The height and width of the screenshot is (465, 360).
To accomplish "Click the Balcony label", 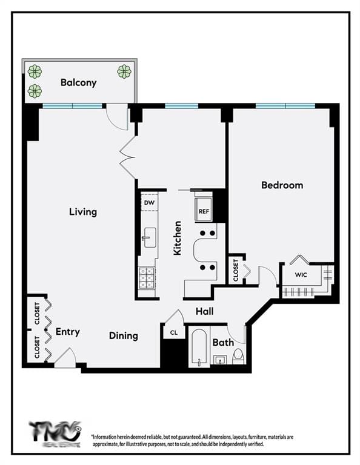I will [x=78, y=82].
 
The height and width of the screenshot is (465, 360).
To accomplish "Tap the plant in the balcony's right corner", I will [x=124, y=71].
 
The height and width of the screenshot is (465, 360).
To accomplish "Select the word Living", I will [x=82, y=212].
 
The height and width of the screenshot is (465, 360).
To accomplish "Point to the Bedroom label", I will [x=282, y=185].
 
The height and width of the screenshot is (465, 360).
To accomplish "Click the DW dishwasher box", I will [x=148, y=202].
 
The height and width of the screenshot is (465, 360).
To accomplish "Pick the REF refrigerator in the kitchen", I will [x=203, y=212].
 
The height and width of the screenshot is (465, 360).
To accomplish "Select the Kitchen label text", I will [x=178, y=238].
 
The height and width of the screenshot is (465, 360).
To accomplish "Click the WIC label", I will [x=301, y=275].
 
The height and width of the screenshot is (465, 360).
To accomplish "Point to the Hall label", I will [x=204, y=312].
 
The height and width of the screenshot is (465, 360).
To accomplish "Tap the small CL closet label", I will [x=173, y=332].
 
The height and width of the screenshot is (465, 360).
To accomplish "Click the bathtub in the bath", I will [x=198, y=349].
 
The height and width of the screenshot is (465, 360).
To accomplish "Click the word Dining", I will [x=124, y=335].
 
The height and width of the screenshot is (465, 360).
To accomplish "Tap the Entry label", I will [x=67, y=332].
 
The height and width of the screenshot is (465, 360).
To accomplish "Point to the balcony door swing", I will [x=118, y=116].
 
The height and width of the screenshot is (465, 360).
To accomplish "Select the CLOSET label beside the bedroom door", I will [x=235, y=270].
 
